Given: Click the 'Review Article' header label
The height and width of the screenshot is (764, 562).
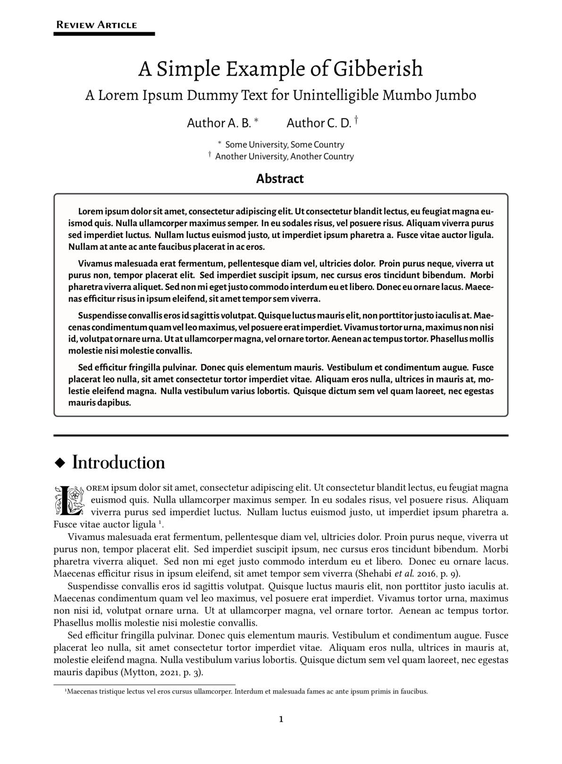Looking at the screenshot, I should click(97, 25).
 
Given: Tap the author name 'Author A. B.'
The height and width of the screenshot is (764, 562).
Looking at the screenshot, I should click(219, 123).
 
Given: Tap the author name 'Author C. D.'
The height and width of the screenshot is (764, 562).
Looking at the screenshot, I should click(319, 123).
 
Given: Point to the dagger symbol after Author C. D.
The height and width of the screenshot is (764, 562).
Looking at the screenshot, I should click(356, 120).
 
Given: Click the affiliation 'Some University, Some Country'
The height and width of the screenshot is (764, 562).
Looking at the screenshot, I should click(285, 144).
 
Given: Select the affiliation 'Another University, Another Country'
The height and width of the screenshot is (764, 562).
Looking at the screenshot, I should click(284, 156).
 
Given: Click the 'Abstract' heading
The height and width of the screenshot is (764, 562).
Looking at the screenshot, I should click(280, 179).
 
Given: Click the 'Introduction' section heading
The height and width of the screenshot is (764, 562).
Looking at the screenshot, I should click(118, 463).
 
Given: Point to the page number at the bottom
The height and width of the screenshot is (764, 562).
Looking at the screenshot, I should click(281, 720).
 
